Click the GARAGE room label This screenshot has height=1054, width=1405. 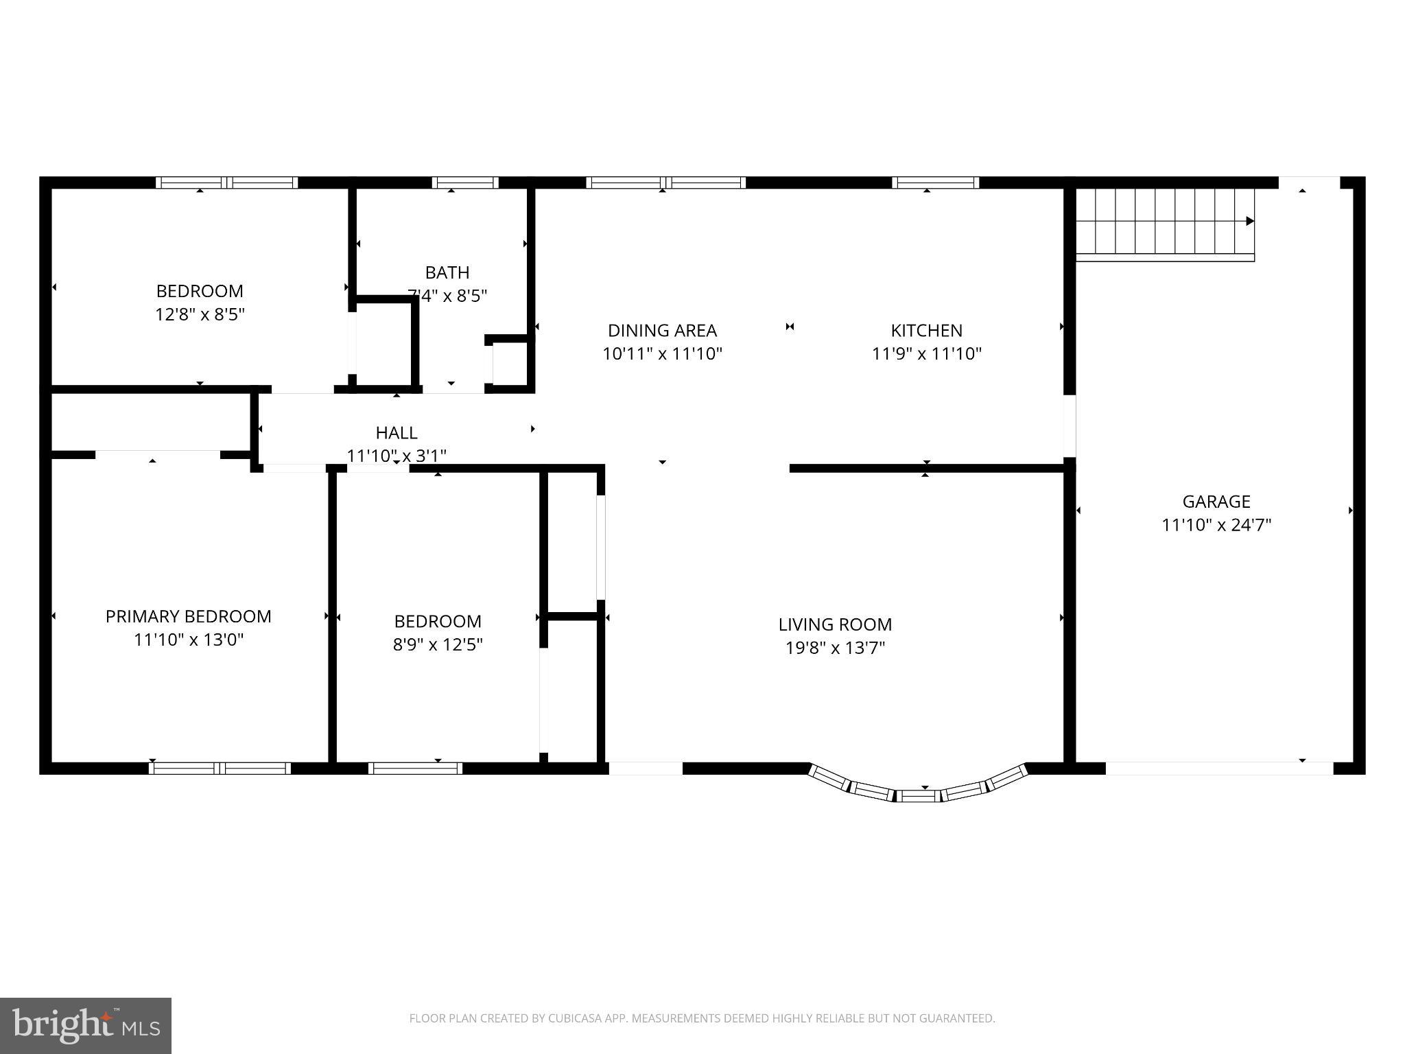click(1216, 502)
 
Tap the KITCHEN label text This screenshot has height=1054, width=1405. click(926, 331)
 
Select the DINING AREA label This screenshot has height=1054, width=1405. click(662, 331)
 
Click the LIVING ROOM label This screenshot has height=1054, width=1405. click(835, 624)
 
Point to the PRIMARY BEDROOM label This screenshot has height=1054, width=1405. click(188, 616)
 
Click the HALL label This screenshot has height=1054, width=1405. click(397, 433)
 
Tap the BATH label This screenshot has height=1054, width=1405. click(447, 272)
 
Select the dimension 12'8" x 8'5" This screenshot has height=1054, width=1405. click(200, 315)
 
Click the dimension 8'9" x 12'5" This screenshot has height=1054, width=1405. click(438, 645)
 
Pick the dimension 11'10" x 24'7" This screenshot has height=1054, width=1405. click(1216, 526)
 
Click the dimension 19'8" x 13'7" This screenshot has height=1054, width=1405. click(835, 648)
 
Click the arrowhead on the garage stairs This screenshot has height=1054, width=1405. click(1250, 221)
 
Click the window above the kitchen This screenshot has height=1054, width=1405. click(935, 183)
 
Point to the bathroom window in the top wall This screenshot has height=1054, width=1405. click(465, 183)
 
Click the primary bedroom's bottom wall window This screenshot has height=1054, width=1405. click(220, 768)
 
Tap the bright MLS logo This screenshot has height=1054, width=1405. click(86, 1026)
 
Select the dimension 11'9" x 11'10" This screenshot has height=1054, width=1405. click(926, 354)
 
